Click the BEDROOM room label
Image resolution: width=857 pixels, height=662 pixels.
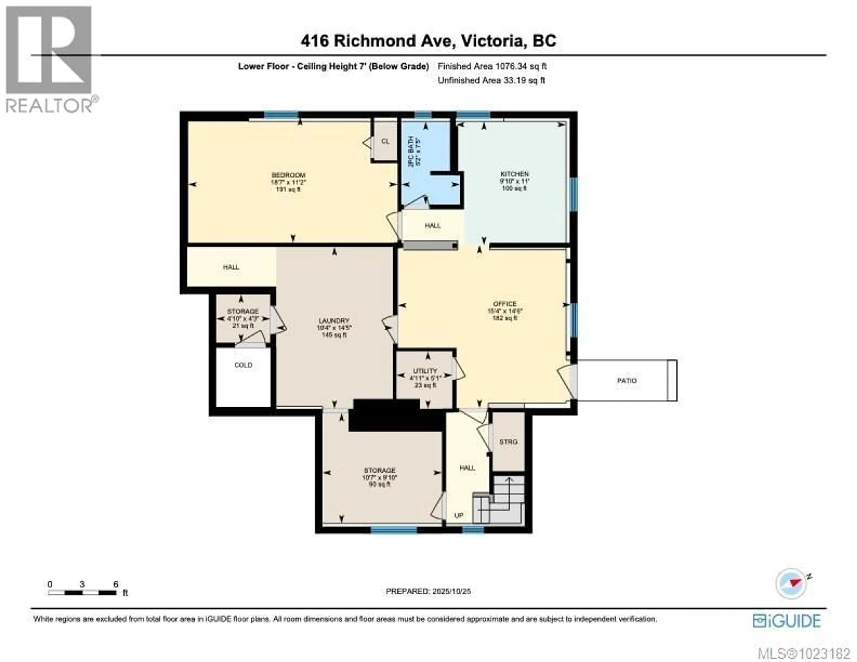coord(288,175)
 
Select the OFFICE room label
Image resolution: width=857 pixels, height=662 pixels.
coord(505,304)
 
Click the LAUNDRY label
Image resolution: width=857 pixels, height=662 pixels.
coord(334,321)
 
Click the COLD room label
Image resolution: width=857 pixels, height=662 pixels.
coord(243,365)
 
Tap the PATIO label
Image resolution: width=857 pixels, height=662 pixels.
coord(627,381)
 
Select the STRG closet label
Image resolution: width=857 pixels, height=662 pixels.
coord(508,442)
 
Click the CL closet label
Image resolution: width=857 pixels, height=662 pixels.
coord(385,141)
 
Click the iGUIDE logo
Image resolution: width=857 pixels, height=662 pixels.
coord(786,621)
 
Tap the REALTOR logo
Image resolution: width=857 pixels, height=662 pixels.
coord(49,59)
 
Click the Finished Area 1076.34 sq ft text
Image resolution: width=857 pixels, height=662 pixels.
coord(492,66)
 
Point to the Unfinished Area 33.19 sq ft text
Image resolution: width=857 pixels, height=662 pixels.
coord(491,81)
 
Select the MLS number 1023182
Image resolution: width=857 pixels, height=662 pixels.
coord(804,653)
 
